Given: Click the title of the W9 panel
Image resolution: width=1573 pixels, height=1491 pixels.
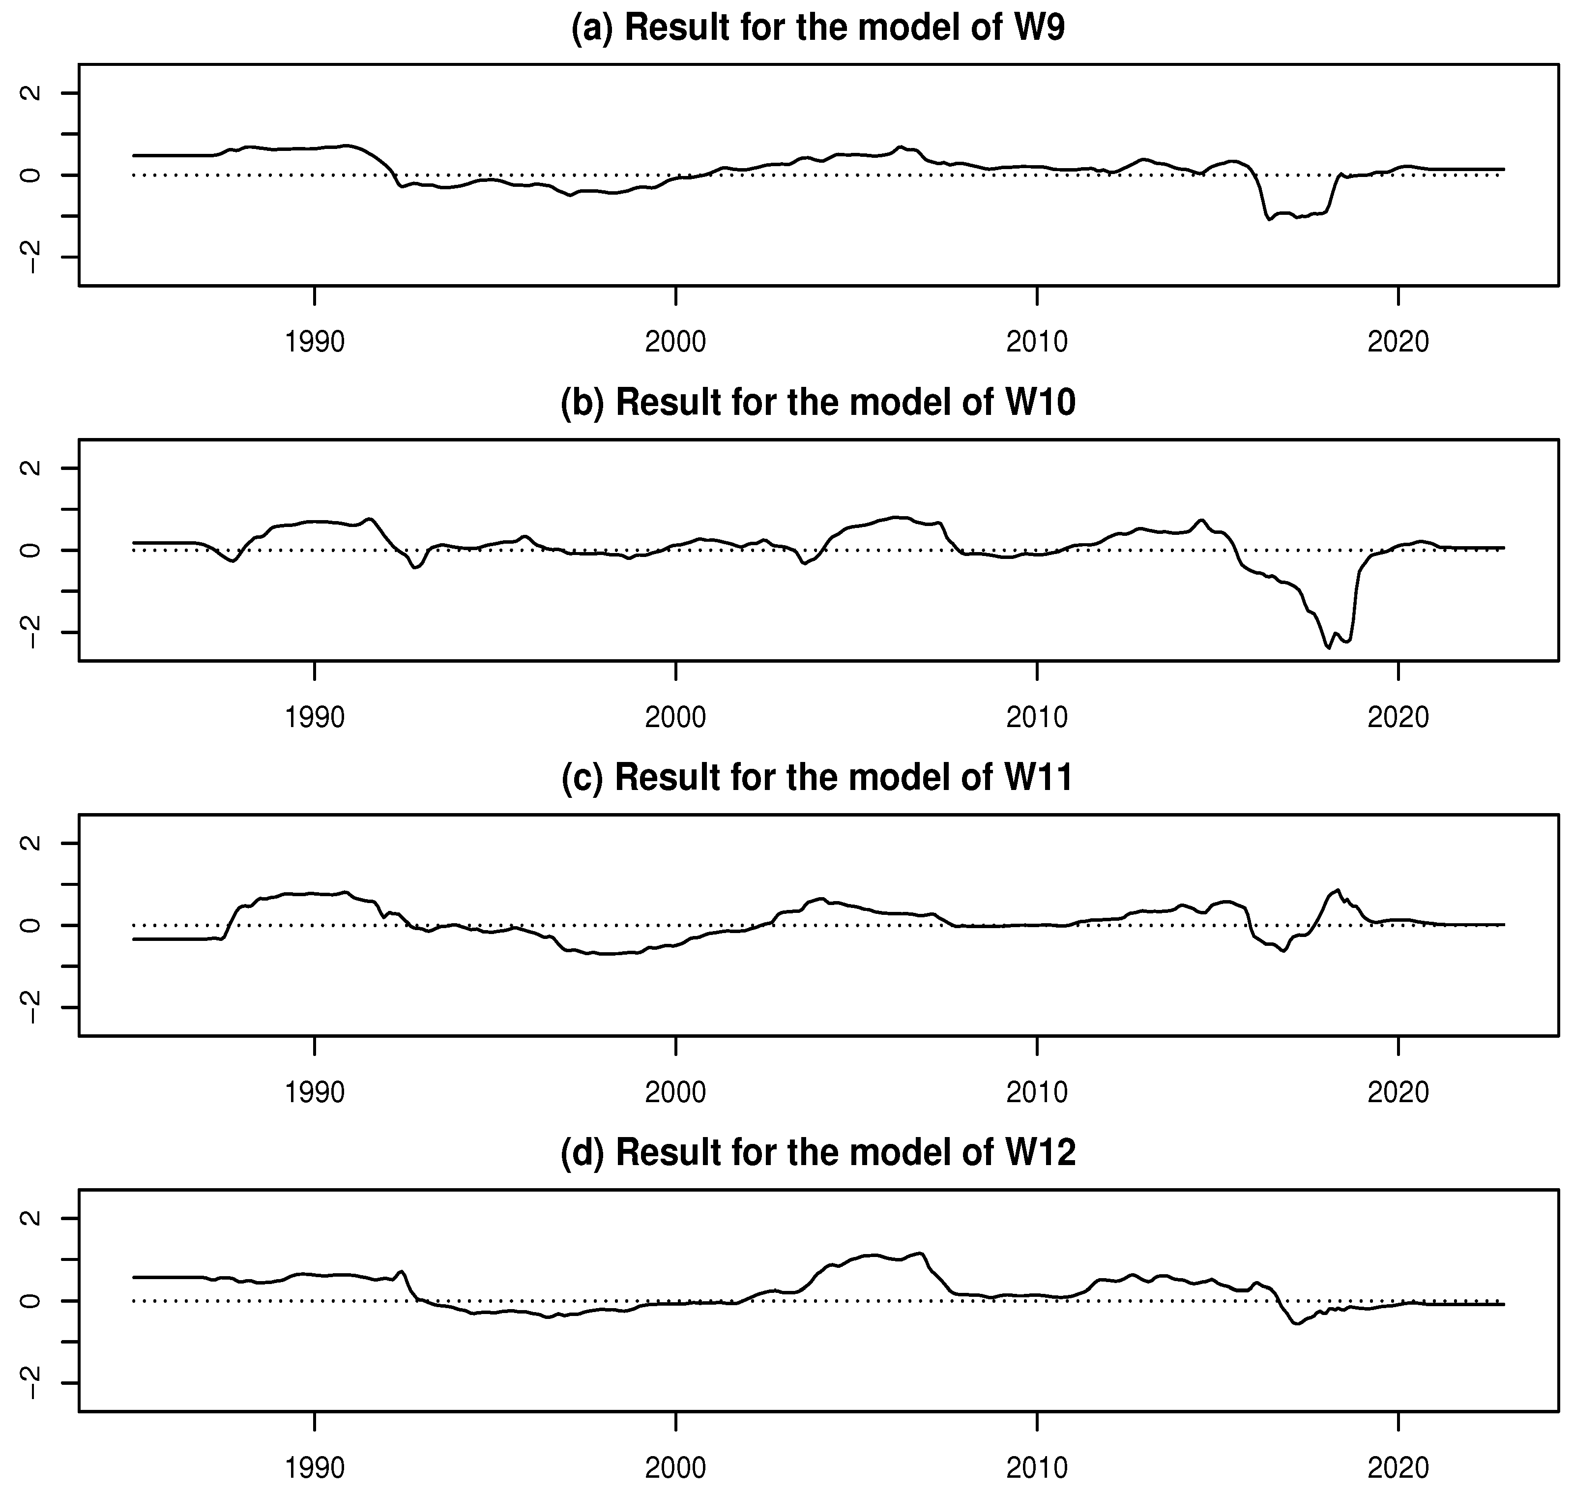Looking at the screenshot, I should (x=818, y=28).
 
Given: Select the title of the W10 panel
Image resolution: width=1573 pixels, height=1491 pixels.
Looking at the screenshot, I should (x=818, y=403).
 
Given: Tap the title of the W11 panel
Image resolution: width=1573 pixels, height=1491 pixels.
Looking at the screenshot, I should (x=818, y=778).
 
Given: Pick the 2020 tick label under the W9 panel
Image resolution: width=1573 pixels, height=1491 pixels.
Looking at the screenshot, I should (x=1398, y=343).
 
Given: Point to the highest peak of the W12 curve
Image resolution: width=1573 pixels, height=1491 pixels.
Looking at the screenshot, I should (x=920, y=1254).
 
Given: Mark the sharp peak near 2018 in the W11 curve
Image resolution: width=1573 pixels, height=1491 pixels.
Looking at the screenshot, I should (x=1338, y=890).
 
